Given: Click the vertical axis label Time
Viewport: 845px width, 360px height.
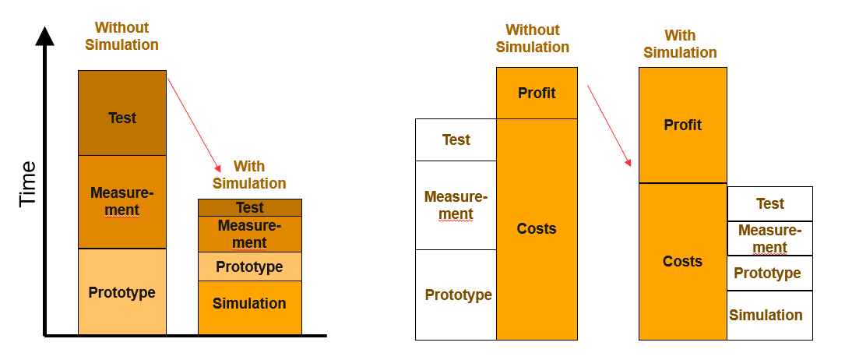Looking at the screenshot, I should coord(28,183).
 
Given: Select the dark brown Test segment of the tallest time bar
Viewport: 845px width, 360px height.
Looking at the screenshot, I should coord(122,113).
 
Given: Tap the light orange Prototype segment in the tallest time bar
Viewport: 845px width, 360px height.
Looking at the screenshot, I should coord(122,292).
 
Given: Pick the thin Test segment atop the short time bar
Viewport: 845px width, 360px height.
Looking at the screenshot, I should coord(250,207).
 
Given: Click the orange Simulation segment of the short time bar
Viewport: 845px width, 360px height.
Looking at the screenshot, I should coord(250,307).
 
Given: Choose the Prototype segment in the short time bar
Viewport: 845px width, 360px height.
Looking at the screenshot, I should coord(250,266).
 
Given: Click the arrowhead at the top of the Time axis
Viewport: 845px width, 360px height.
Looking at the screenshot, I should coord(45,36).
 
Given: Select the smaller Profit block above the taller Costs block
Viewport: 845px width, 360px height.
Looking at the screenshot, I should coord(537,93).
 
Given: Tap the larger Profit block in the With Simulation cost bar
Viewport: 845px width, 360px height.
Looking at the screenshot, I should coord(682,125).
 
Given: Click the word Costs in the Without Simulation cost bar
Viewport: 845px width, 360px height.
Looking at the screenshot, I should coord(537,228).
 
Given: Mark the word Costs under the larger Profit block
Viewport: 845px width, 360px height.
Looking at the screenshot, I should coord(682,261).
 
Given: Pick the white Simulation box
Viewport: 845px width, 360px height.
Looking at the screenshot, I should coord(769,316).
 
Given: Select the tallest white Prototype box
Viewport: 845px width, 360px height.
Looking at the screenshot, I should coord(456,295).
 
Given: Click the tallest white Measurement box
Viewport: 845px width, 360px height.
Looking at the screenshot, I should coord(456,205).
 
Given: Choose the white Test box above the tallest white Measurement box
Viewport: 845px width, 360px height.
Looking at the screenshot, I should coord(456,140).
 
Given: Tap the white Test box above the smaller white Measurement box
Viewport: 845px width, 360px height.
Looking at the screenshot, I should coord(769,203).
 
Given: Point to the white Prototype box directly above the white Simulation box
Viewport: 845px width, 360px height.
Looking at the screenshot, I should coord(769,273).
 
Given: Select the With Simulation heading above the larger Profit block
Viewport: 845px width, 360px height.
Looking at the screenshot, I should coord(680,44).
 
